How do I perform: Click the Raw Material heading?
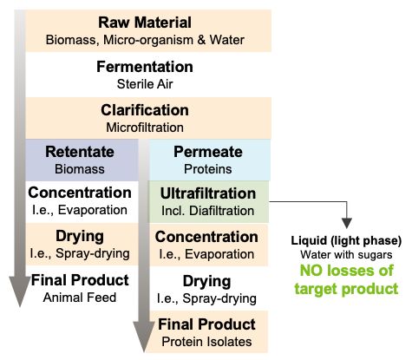coord(145,23)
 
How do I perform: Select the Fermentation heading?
coord(145,67)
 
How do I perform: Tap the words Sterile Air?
coord(145,84)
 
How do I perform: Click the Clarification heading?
coord(145,110)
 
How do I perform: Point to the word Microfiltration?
coord(145,128)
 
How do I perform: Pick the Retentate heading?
coord(80,152)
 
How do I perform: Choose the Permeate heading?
coord(208,152)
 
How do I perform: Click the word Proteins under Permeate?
coord(208,169)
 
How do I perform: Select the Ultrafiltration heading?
coord(208,193)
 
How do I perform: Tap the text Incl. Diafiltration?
coord(208,211)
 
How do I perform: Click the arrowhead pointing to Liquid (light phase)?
coord(347,223)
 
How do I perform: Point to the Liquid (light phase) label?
coord(346,241)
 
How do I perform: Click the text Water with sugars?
coord(346,255)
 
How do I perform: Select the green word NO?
coord(313,271)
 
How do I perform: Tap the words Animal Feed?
coord(80,298)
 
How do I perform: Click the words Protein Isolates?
coord(206,342)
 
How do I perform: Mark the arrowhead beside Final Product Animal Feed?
coord(20,291)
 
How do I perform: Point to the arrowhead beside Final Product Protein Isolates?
coord(144,337)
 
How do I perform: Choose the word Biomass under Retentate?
coord(80,169)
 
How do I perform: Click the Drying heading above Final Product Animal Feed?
coord(80,236)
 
